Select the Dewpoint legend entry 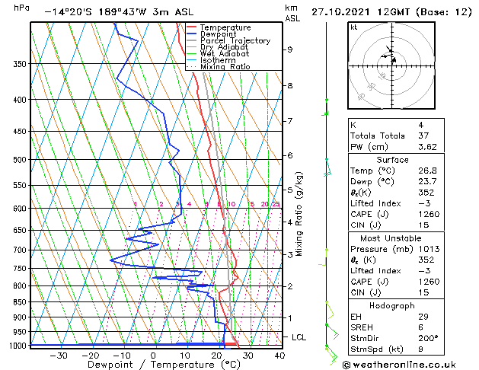pos(219,34)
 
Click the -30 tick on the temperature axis pos(58,355)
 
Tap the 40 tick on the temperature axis pos(279,355)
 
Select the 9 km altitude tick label pos(290,49)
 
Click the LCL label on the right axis pos(299,337)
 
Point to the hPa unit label pos(22,8)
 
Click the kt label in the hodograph pos(354,27)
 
